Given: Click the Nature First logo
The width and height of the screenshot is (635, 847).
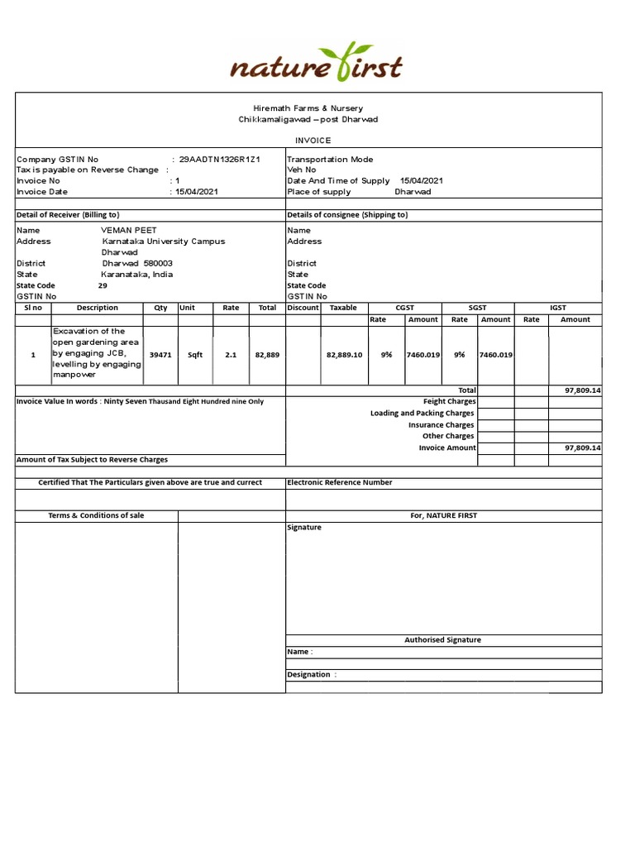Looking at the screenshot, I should pyautogui.click(x=316, y=64).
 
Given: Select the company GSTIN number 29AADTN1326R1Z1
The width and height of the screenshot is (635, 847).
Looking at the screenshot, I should pyautogui.click(x=220, y=160).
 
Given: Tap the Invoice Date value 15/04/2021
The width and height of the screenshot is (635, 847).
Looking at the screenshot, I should pyautogui.click(x=198, y=192).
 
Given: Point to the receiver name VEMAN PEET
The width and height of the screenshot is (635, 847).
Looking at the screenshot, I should pyautogui.click(x=129, y=231).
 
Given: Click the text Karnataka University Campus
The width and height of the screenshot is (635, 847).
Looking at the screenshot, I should pyautogui.click(x=163, y=242).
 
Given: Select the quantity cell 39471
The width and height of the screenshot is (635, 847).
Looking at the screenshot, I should pyautogui.click(x=160, y=355).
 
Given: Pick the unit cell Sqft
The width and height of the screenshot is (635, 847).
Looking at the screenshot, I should pyautogui.click(x=195, y=355).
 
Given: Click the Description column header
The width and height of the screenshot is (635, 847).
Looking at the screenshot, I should pyautogui.click(x=98, y=308).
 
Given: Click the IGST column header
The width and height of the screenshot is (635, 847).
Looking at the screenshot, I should pyautogui.click(x=557, y=308).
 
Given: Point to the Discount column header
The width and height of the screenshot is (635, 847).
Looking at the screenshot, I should pyautogui.click(x=302, y=308).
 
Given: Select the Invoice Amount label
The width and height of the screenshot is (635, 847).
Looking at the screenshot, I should pyautogui.click(x=447, y=447).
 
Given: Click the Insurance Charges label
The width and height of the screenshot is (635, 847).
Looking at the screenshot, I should pyautogui.click(x=441, y=425).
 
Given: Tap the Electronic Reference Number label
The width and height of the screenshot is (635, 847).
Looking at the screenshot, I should pyautogui.click(x=340, y=482).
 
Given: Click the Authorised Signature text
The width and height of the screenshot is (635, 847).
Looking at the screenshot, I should pyautogui.click(x=442, y=640).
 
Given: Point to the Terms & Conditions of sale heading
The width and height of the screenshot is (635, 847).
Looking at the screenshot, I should pyautogui.click(x=96, y=515).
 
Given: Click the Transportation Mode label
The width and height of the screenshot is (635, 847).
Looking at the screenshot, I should pyautogui.click(x=330, y=160).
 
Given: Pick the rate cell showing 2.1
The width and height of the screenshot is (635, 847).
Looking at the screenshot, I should pyautogui.click(x=231, y=355).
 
